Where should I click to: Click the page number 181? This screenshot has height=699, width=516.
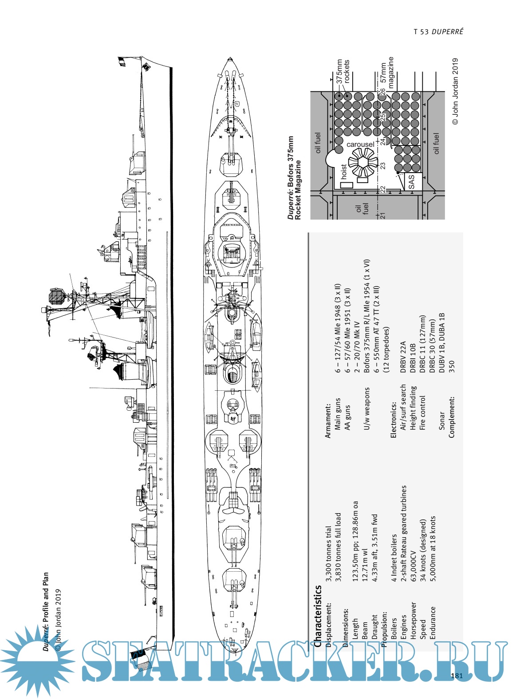point(457,676)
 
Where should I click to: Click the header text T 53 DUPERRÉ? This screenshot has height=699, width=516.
point(438,31)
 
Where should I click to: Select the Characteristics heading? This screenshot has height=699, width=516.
point(317,617)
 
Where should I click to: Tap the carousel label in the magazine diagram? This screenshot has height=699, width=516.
point(360,145)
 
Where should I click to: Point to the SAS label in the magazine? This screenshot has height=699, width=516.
point(411,181)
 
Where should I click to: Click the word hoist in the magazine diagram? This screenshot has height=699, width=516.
point(344,172)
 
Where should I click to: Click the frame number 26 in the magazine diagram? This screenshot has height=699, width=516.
point(382,92)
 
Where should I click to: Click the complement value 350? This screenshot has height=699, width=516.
point(452,366)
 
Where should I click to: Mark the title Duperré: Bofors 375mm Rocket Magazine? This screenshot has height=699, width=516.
point(294,178)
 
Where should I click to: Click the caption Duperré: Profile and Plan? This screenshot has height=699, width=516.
point(46,612)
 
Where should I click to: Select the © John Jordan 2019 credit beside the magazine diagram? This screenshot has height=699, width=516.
point(456,91)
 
